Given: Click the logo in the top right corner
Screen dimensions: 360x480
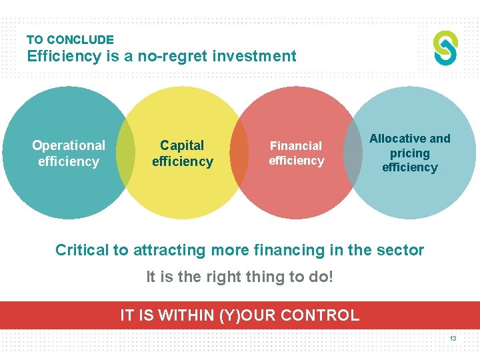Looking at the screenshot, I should click(x=445, y=47).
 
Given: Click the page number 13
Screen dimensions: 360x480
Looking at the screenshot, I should click(x=453, y=339).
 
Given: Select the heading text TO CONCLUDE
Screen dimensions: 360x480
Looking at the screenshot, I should click(x=70, y=40).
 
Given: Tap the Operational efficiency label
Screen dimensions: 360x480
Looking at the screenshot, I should click(x=69, y=153).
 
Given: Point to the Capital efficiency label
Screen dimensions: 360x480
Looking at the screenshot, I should click(x=182, y=153).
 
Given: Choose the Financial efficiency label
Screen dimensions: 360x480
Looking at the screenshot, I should click(x=296, y=153).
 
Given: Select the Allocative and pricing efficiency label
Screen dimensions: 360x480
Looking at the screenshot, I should click(x=409, y=153).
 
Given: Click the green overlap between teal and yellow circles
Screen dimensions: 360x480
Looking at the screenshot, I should click(x=125, y=153).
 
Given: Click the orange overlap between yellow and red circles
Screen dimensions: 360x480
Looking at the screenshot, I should click(x=239, y=153).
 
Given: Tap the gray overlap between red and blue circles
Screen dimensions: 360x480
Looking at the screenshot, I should click(x=353, y=153).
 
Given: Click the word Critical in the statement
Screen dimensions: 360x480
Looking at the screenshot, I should click(x=81, y=251).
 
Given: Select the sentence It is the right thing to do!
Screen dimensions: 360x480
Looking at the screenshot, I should click(x=239, y=276).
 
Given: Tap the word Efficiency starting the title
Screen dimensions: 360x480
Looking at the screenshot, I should click(x=64, y=56).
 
